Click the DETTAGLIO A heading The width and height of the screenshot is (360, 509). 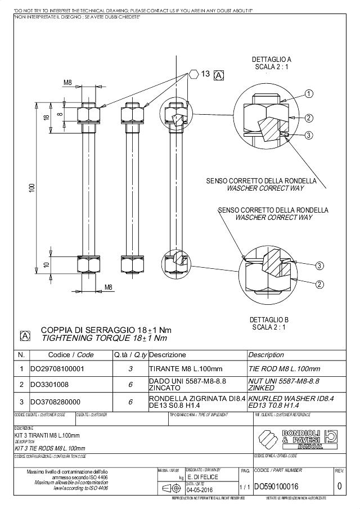[271, 59]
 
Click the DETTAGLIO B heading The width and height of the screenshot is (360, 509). [269, 319]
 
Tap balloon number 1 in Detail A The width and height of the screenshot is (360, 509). [309, 93]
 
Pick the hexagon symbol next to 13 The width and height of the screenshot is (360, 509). [193, 74]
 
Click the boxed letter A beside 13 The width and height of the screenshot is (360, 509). [219, 75]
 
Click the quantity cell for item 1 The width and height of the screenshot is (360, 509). [130, 369]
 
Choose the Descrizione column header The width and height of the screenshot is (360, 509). [167, 355]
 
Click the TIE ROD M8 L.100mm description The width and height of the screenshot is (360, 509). [284, 369]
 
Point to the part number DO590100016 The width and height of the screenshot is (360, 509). [276, 486]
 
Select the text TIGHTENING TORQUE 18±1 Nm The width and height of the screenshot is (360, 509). [104, 338]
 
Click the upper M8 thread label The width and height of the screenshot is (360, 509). [67, 83]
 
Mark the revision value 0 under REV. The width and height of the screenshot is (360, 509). [339, 486]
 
